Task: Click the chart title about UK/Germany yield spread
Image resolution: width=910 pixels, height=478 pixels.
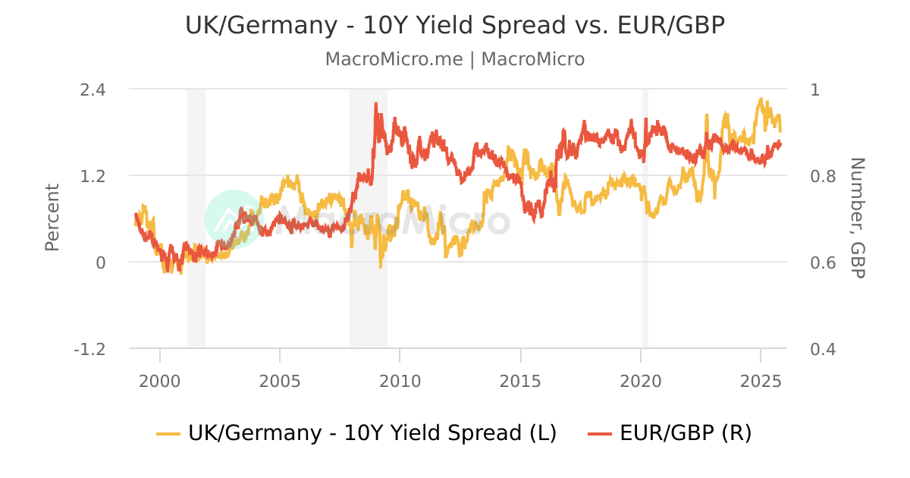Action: [455, 25]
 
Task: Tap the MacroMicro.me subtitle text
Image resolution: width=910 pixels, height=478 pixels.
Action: [455, 59]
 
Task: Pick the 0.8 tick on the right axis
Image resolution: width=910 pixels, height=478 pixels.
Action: [815, 175]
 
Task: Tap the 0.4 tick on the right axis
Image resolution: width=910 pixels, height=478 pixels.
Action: [815, 349]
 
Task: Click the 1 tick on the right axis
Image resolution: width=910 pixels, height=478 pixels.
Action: [815, 89]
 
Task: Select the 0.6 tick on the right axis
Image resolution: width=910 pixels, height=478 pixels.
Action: [815, 263]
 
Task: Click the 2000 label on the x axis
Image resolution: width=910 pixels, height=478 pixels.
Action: [160, 379]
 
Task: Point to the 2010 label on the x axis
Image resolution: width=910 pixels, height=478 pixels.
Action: [400, 379]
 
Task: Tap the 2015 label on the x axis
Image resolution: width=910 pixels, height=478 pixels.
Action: [521, 379]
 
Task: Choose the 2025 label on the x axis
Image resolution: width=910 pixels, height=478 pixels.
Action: [761, 379]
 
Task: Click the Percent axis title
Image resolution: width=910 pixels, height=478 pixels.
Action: [52, 217]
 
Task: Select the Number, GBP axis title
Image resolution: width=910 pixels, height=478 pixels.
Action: [857, 217]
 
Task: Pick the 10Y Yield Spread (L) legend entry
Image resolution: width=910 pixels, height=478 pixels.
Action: [356, 433]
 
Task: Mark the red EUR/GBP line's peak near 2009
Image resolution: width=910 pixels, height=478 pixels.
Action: [376, 105]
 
